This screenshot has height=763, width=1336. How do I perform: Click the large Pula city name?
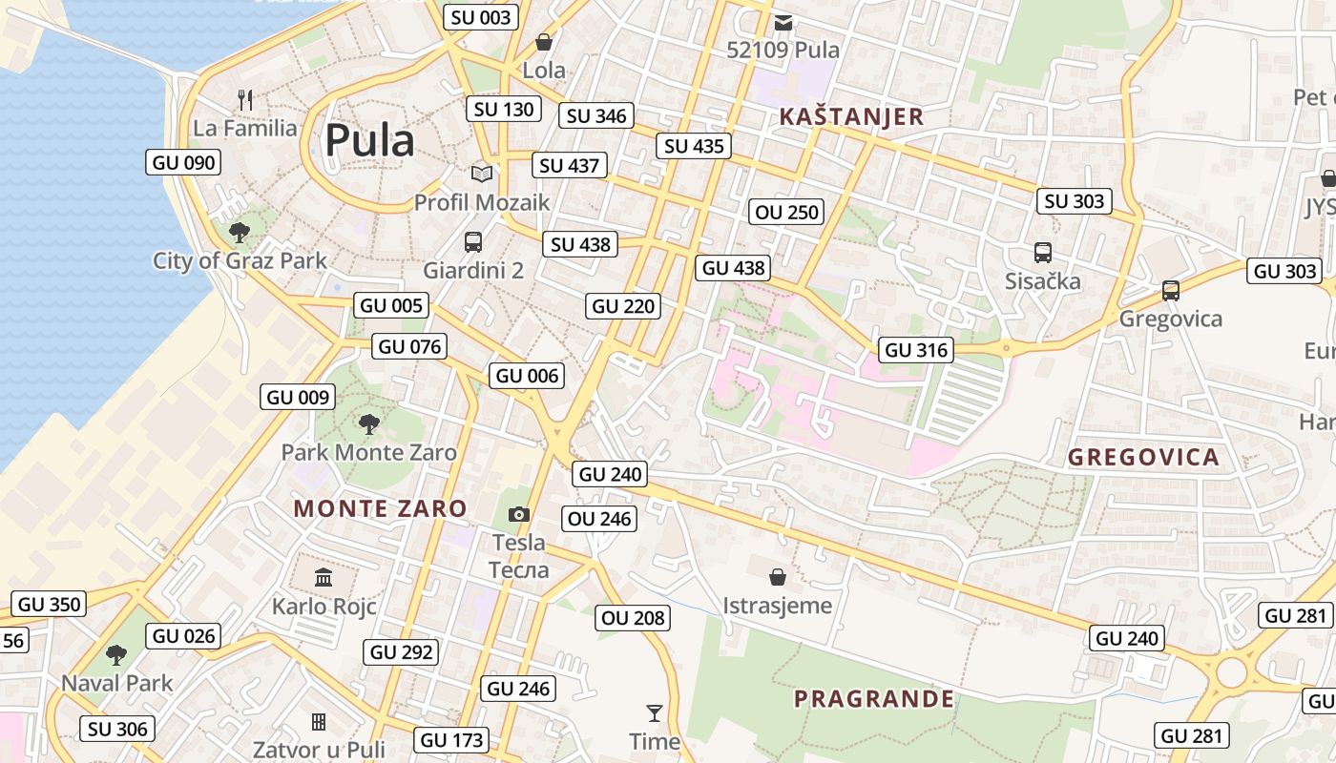[369, 141]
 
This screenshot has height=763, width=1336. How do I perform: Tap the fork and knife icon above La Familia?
[245, 98]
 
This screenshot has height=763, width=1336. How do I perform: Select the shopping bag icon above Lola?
[544, 42]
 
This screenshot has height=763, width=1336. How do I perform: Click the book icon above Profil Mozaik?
[482, 174]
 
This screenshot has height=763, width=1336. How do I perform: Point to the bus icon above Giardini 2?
[473, 242]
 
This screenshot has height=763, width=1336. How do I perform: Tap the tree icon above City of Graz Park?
[240, 232]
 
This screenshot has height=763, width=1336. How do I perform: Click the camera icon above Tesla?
[518, 515]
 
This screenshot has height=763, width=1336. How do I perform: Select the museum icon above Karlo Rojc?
[324, 578]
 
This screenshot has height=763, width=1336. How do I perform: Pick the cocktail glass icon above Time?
[654, 712]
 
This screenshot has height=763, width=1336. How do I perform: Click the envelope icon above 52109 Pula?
[783, 22]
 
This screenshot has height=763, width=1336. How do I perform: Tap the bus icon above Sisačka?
[1043, 253]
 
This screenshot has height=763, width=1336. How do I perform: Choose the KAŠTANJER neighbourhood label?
[851, 116]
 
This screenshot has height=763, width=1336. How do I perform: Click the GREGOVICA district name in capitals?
[1143, 457]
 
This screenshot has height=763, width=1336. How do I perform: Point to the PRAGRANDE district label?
[873, 699]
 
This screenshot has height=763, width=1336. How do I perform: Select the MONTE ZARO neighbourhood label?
[380, 508]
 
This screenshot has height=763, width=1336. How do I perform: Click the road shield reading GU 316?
[917, 350]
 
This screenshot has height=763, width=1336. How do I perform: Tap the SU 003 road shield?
[482, 17]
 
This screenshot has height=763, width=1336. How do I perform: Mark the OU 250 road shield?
[787, 212]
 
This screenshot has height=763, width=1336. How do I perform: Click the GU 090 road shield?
[184, 162]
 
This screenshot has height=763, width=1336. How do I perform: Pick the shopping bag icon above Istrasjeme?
[778, 577]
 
